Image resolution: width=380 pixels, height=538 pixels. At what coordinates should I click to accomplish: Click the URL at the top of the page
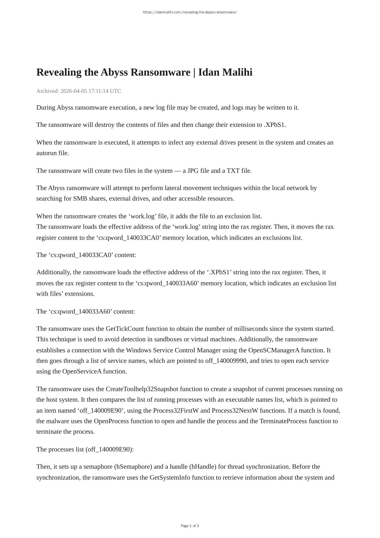click(x=190, y=12)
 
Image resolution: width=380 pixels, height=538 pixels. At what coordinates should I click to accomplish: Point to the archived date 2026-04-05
click(x=73, y=91)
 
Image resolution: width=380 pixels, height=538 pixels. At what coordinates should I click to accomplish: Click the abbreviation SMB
click(x=80, y=199)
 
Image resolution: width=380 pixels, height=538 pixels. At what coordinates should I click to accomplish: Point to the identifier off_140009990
click(x=226, y=361)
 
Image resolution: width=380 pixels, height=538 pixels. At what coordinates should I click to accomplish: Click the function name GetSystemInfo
click(x=170, y=478)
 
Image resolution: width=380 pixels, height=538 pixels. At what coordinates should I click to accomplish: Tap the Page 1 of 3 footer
click(x=190, y=526)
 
